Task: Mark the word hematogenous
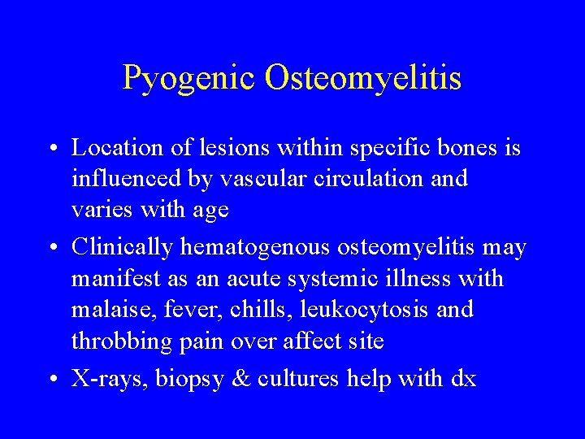tap(258, 246)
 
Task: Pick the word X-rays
tap(104, 378)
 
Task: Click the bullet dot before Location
tap(50, 150)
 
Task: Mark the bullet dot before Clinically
tap(50, 248)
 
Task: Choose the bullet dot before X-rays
tap(50, 380)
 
